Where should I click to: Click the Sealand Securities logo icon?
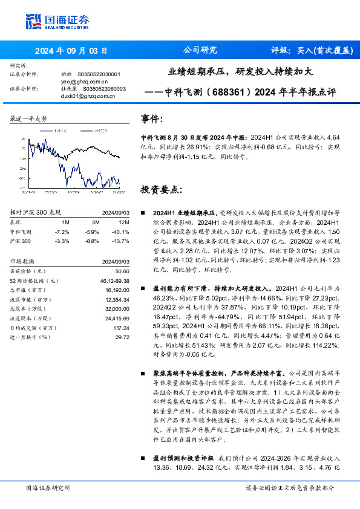34,21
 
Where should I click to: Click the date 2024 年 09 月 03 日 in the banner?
71,51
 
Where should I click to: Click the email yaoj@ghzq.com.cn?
85,81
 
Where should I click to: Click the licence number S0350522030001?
99,74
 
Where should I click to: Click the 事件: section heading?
151,118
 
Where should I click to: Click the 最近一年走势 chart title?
28,118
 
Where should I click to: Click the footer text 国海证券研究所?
48,487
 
